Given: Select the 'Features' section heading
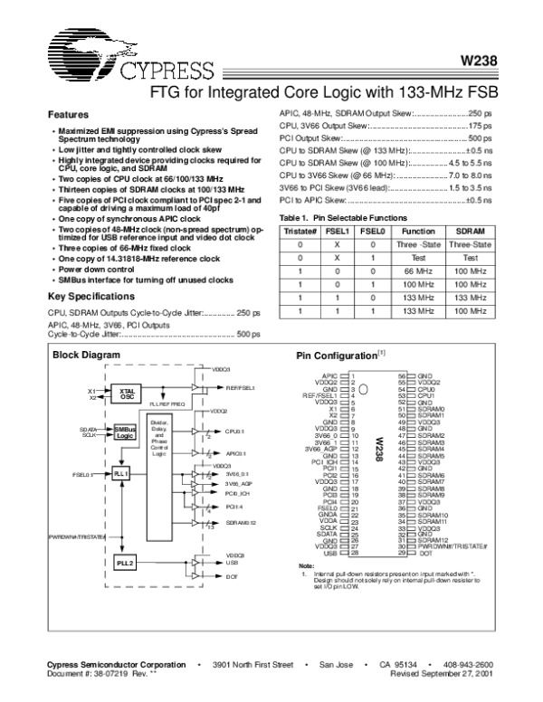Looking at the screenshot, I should point(68,116).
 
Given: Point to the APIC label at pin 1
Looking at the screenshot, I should point(332,375).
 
